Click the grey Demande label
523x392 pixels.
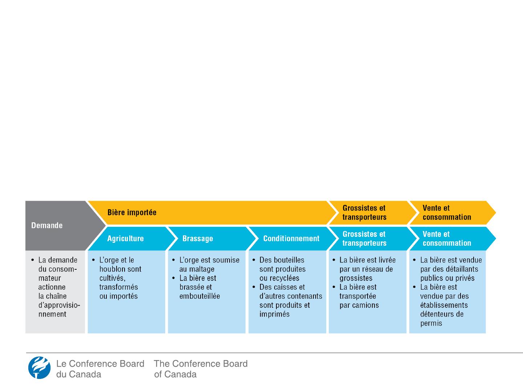pos(47,225)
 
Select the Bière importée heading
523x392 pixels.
pos(132,212)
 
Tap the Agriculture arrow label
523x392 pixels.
pos(125,238)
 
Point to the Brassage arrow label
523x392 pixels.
pos(198,238)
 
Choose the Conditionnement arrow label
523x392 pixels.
pos(291,238)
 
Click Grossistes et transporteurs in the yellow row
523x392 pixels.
pos(364,213)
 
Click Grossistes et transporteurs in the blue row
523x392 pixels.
pos(364,238)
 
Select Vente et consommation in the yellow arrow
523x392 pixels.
pos(447,213)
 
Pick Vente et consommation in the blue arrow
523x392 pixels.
pos(447,238)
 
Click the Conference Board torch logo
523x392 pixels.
pos(39,367)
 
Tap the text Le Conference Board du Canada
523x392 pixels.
pos(100,369)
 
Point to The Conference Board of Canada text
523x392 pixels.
pos(200,369)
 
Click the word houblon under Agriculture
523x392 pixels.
pos(110,269)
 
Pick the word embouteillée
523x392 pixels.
pos(200,296)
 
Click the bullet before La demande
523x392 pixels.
pos(33,260)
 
